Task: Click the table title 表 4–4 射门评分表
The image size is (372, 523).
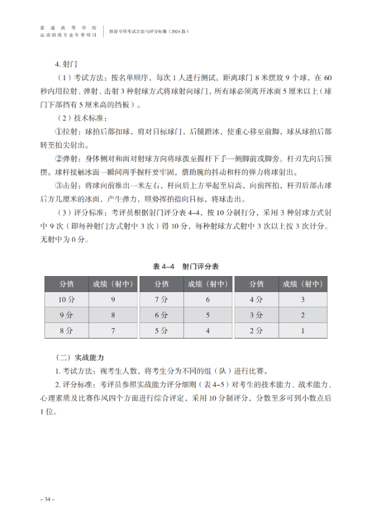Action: tap(186, 267)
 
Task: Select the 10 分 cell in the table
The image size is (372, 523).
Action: tap(66, 300)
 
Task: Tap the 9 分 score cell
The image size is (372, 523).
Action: tap(66, 315)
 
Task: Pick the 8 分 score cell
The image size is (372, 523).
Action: tap(66, 331)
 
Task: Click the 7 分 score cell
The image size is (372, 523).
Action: tap(161, 300)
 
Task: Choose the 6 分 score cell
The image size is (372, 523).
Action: tap(161, 315)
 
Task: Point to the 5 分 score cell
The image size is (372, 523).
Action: tap(161, 331)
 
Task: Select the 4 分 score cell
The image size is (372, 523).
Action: tap(256, 300)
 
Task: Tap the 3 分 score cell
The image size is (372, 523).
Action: tap(256, 315)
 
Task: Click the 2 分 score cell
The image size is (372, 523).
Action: tap(256, 331)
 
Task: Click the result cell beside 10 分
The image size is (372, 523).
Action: tap(113, 300)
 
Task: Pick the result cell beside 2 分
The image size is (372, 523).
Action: tap(303, 331)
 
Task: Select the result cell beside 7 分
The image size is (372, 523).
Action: tap(208, 300)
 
